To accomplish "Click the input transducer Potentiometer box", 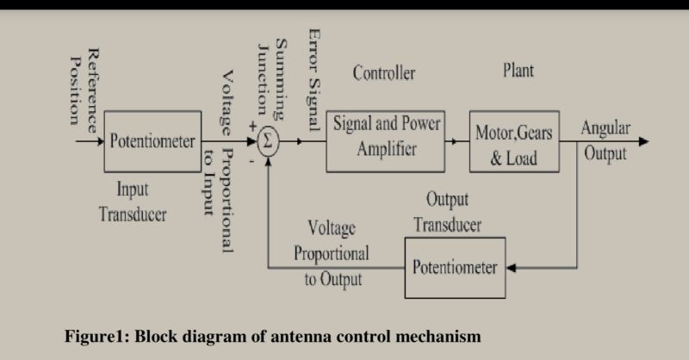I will pyautogui.click(x=152, y=141).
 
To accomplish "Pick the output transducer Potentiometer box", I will pyautogui.click(x=454, y=267).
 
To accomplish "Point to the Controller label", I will pyautogui.click(x=383, y=73).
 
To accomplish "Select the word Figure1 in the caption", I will pyautogui.click(x=94, y=335).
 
